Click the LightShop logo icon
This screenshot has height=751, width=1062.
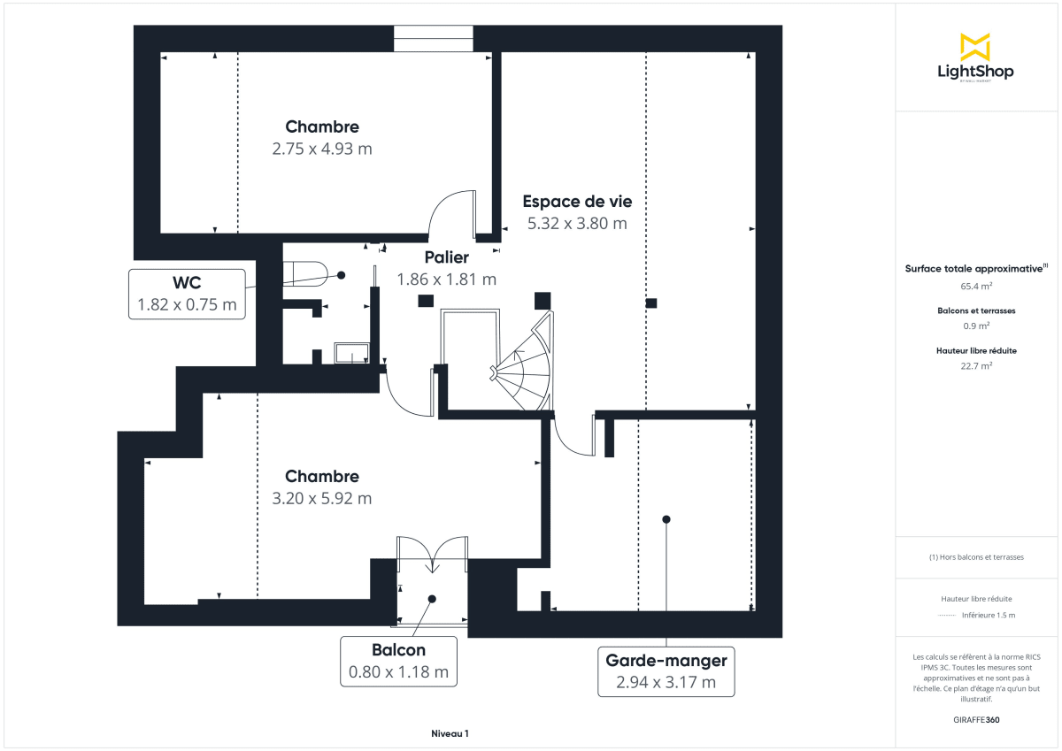[x=975, y=47]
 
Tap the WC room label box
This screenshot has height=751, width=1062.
[x=187, y=294]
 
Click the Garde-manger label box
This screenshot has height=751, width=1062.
[x=666, y=671]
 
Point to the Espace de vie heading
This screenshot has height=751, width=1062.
[x=577, y=202]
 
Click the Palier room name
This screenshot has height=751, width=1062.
[x=446, y=258]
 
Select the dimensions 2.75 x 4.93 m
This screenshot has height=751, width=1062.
[x=322, y=149]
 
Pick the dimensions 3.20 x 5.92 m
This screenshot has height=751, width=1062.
[x=322, y=498]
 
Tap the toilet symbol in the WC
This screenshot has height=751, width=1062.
[x=305, y=272]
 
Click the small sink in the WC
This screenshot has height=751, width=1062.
[x=351, y=354]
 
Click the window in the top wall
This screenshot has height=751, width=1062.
[x=434, y=39]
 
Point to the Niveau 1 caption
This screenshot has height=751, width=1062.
[x=450, y=733]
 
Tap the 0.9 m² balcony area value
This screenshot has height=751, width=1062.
[x=976, y=326]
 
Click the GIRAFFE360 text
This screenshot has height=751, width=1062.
[x=976, y=720]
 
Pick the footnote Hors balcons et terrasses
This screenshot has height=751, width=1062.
[x=976, y=557]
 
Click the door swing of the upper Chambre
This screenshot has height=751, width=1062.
[x=451, y=212]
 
